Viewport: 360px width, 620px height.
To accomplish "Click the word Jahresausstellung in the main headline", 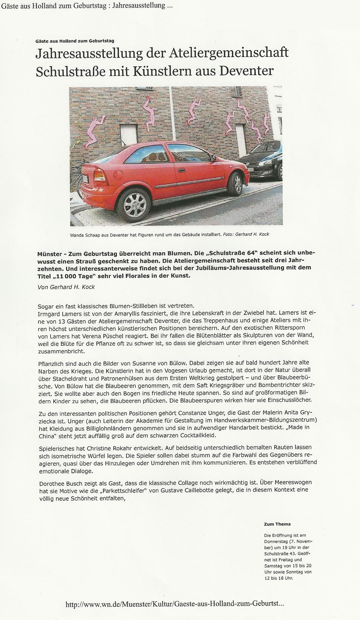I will click(89, 53).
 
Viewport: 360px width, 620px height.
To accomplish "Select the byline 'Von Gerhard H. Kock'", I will click(66, 287).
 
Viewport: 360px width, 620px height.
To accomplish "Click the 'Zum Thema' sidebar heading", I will click(277, 524).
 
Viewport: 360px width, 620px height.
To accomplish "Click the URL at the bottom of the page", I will click(174, 604).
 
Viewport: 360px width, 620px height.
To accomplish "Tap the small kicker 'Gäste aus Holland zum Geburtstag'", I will click(75, 41).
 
